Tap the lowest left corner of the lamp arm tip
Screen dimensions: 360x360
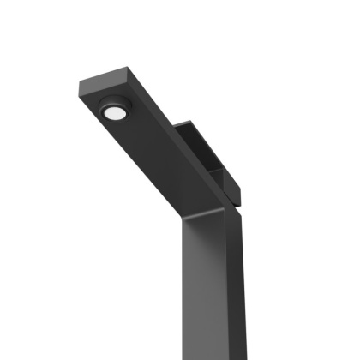(x=83, y=99)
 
